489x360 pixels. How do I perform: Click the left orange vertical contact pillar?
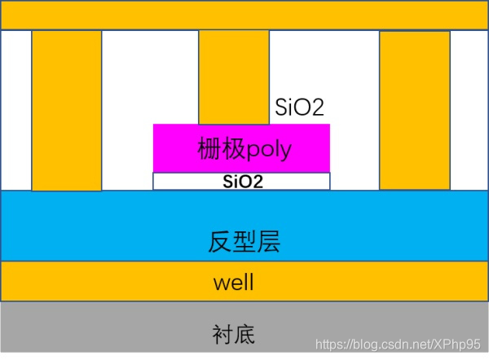click(67, 110)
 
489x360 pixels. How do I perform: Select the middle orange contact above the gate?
click(234, 77)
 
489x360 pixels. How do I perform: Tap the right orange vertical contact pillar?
click(415, 110)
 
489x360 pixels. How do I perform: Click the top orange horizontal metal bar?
click(244, 15)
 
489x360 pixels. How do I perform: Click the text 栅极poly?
click(244, 149)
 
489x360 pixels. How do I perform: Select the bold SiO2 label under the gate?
click(243, 182)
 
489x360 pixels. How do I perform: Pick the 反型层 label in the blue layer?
click(244, 242)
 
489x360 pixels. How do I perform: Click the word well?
click(234, 283)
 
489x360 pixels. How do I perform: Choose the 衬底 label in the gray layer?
click(233, 333)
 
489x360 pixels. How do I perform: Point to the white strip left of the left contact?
click(16, 110)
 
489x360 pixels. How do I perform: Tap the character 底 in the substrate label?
click(245, 333)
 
